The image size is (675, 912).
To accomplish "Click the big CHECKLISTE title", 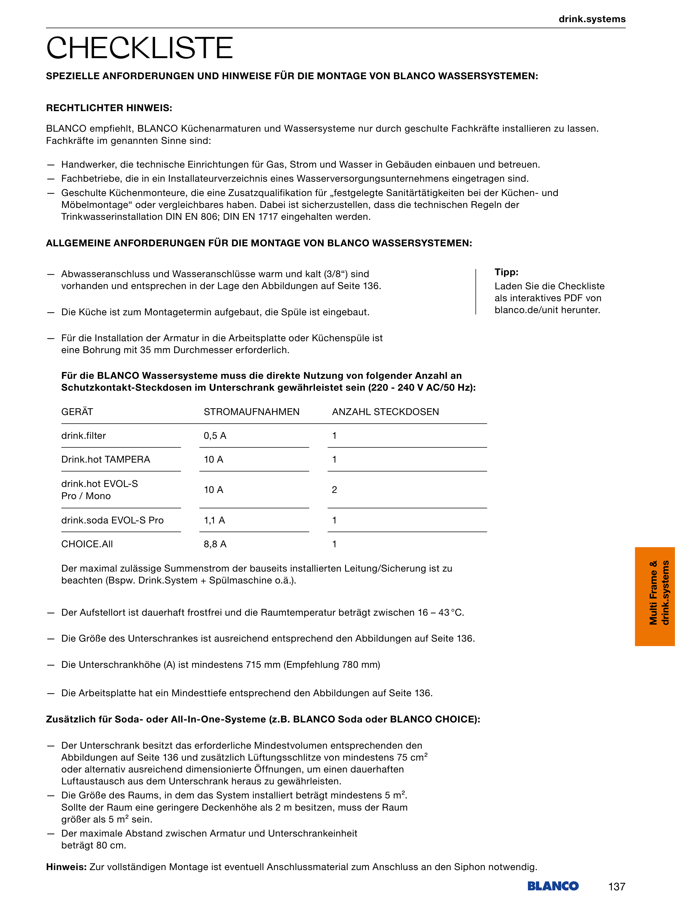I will point(139,48).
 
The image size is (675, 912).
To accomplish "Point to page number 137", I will point(617,887).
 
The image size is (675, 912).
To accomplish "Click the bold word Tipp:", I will point(506,272).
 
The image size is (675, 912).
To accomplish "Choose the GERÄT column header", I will point(77,412).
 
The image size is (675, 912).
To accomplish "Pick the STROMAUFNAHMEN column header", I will point(251,412).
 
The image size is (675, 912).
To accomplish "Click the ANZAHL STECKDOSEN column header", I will point(385,412).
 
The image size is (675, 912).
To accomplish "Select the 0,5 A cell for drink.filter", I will point(215,436).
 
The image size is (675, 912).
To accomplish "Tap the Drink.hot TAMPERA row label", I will point(105,460).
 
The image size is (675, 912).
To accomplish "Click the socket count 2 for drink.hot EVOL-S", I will point(334,490).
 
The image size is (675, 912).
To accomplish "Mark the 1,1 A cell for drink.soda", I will point(214,520).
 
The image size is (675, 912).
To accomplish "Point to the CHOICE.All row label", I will point(87,544).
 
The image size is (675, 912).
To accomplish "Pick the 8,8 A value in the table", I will point(215,544).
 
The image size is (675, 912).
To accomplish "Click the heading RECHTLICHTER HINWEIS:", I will point(109,108).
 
